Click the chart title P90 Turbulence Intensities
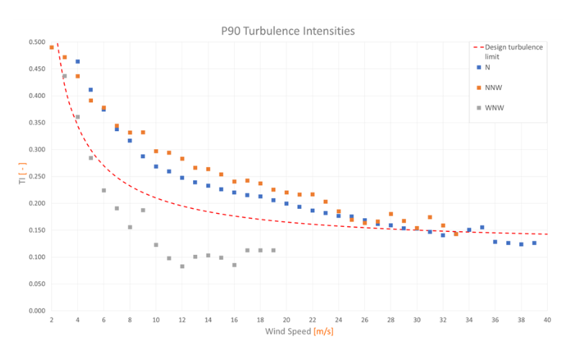[x=287, y=32]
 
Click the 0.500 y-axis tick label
[x=35, y=42]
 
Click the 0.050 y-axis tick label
[x=35, y=284]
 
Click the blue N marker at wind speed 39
[x=534, y=243]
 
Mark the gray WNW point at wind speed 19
[x=274, y=251]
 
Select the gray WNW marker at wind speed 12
[x=182, y=266]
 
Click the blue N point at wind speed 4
[x=78, y=62]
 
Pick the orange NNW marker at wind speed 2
[x=52, y=48]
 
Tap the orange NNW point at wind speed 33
[x=456, y=234]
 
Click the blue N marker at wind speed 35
[x=482, y=228]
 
